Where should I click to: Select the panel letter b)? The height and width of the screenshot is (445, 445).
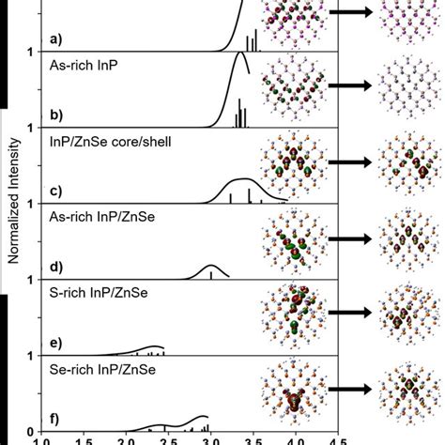click(55, 116)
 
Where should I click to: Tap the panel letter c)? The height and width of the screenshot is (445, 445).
click(55, 192)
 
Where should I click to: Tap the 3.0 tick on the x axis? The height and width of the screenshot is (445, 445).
click(210, 438)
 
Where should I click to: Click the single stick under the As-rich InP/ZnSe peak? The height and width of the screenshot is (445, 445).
click(210, 274)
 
